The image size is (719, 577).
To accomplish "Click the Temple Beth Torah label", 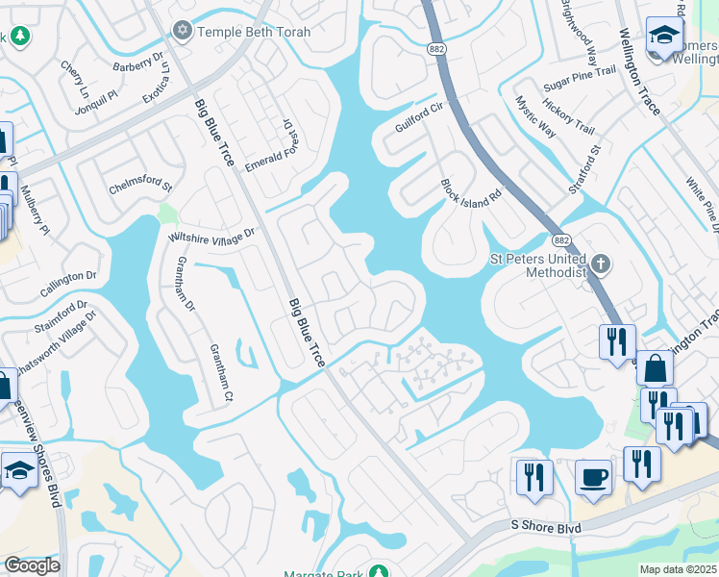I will click(x=254, y=32).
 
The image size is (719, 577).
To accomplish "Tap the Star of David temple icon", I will click(x=182, y=32).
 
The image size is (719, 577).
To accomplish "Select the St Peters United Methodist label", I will click(x=537, y=264).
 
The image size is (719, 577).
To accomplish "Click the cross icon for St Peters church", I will click(x=601, y=263).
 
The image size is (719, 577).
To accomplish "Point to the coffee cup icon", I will click(x=593, y=477).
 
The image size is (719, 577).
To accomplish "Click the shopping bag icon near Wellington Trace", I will click(x=655, y=368).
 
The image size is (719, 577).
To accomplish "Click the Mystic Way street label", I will click(x=534, y=116).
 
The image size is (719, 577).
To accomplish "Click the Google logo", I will click(x=31, y=565).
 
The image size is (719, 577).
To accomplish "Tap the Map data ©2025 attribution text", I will click(x=678, y=569).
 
